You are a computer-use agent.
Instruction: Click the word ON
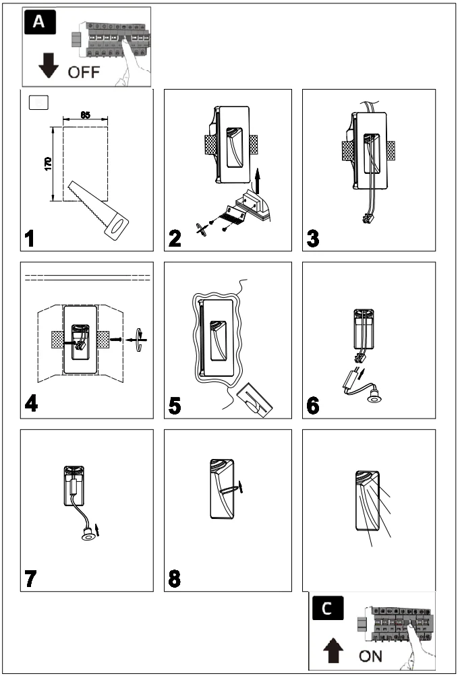coord(370,655)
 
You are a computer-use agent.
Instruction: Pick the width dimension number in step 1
coord(86,115)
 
